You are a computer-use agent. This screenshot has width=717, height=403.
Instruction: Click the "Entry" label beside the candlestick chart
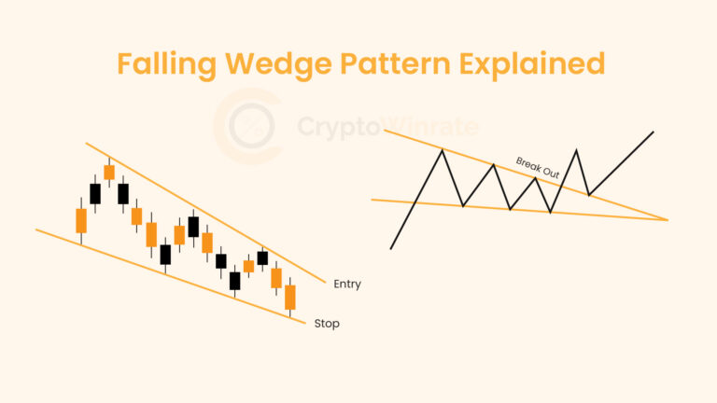coord(346,284)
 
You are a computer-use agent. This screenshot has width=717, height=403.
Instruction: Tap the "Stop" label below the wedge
coord(327,324)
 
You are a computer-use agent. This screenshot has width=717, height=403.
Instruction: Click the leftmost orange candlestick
coord(81,221)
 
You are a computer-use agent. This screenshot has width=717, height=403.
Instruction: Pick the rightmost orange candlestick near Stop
coord(290,297)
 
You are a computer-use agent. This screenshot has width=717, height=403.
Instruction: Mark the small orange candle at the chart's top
coord(109,172)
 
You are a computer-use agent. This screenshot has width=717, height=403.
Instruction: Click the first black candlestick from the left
coord(95,193)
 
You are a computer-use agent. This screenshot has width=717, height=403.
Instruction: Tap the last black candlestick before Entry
coord(262,257)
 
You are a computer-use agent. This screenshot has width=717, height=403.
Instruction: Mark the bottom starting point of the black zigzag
coord(391,248)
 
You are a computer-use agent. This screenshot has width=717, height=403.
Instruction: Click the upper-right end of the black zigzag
coord(654,132)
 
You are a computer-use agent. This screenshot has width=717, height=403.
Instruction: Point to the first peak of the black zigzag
coord(441,149)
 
